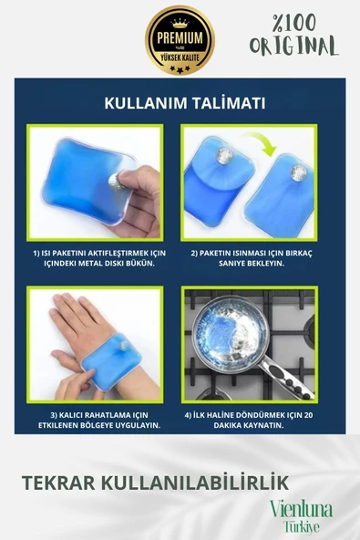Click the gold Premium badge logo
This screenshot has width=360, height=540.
point(180,40)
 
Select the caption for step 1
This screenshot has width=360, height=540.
point(94,256)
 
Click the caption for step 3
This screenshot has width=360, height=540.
point(94,419)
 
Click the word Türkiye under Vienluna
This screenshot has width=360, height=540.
point(302,526)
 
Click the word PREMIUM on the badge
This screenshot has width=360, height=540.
point(180,39)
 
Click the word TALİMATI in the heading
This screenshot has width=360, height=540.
point(229,104)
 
